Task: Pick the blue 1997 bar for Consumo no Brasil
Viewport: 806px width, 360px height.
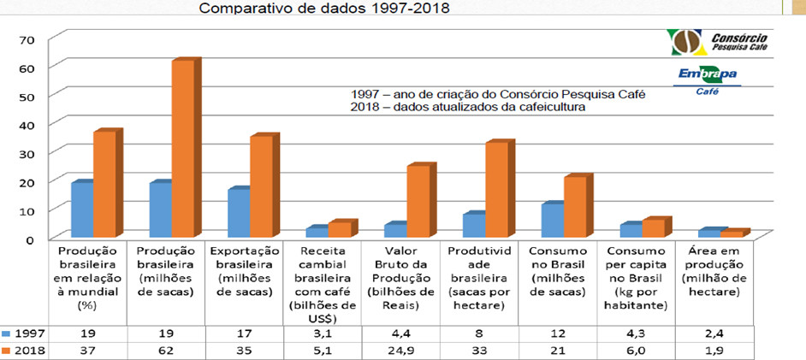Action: coord(552,220)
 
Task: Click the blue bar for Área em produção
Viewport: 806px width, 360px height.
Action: coord(708,233)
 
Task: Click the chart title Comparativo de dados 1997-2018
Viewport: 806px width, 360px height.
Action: coord(323,9)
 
